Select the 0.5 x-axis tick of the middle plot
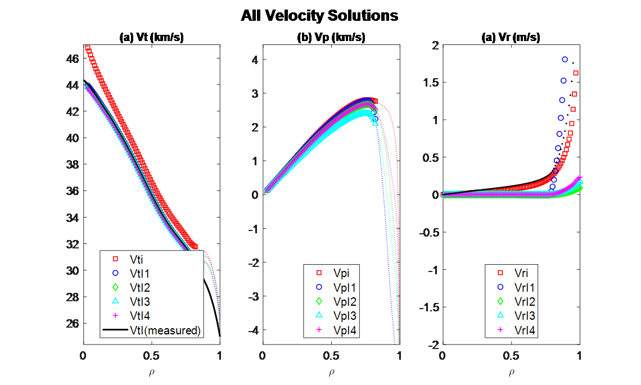[331, 356]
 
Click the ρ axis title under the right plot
[511, 372]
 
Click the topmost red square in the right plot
[576, 73]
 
